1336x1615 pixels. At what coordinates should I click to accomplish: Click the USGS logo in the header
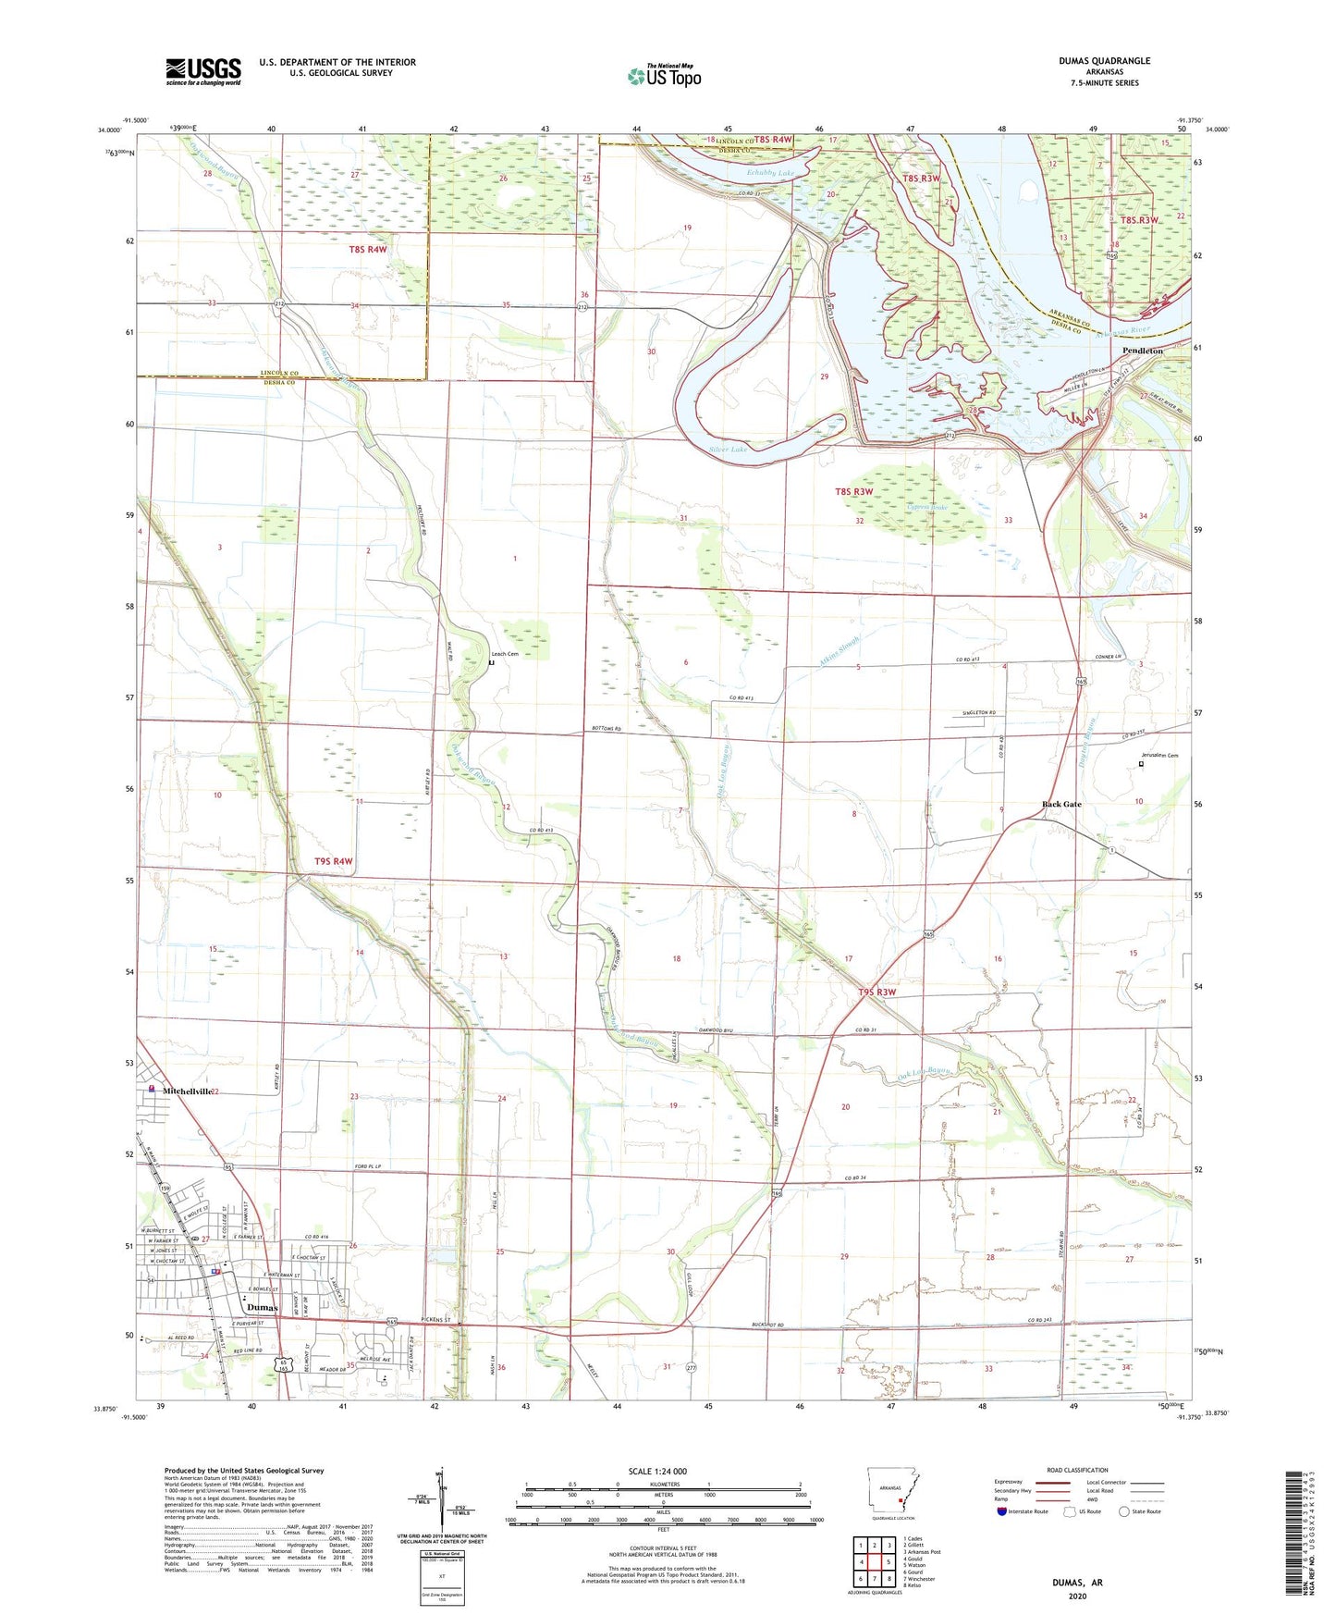pos(203,71)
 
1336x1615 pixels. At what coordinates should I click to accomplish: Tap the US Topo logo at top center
pos(664,76)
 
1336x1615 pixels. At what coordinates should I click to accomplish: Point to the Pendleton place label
pos(1142,351)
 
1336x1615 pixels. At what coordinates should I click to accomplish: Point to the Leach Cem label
pos(504,654)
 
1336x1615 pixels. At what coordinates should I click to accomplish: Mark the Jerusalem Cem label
pos(1159,756)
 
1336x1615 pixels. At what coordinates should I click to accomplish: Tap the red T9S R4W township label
pos(334,861)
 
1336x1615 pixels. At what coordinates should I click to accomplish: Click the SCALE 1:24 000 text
pos(657,1471)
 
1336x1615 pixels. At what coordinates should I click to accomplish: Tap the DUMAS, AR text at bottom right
pos(1077,1583)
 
